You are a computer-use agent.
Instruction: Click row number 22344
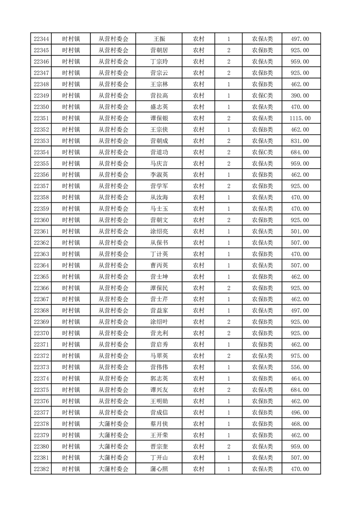point(41,39)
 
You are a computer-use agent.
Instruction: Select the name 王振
point(159,39)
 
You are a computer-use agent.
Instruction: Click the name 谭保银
point(159,118)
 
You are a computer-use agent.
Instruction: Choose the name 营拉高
point(159,96)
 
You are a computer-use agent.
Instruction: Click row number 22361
point(41,231)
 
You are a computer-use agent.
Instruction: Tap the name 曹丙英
point(159,265)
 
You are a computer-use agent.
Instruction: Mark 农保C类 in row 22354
point(262,152)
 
